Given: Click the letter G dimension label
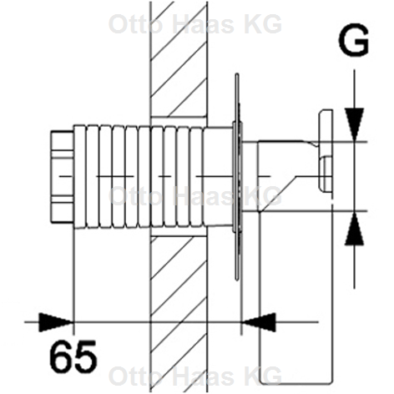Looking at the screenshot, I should coord(355,39).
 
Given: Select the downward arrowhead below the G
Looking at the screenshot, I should coord(356,119).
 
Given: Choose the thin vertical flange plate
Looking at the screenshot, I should coord(239,192).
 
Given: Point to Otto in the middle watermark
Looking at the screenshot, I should coord(131,197).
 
